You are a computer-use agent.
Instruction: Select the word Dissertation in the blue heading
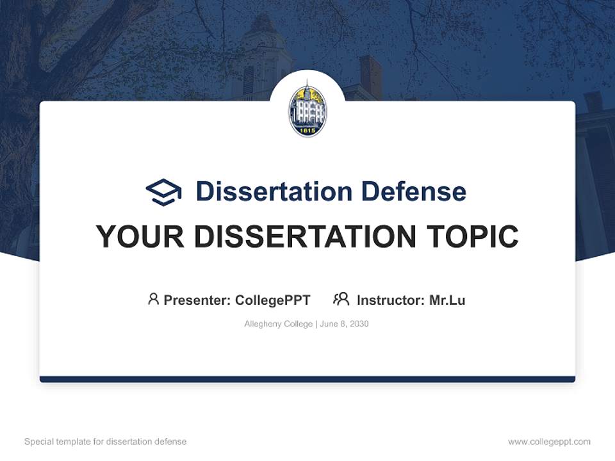(274, 191)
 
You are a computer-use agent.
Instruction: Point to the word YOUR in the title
(140, 237)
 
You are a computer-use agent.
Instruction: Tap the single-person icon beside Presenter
(153, 299)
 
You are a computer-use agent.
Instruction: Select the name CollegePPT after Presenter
(273, 300)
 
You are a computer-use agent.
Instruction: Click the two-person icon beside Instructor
(341, 299)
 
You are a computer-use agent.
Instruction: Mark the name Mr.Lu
(447, 300)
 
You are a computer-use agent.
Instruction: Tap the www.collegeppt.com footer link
(549, 442)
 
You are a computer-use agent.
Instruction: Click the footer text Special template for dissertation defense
(106, 442)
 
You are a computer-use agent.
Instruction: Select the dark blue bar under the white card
(307, 379)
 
